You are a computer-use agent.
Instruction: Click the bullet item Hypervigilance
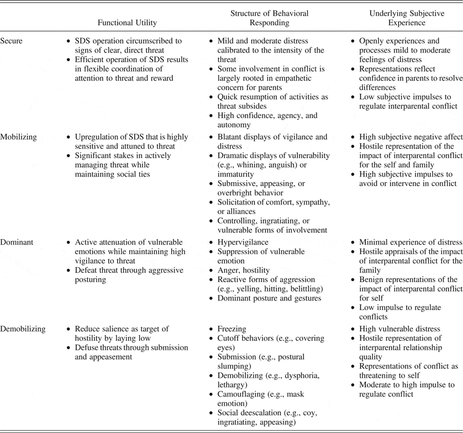click(x=243, y=242)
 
